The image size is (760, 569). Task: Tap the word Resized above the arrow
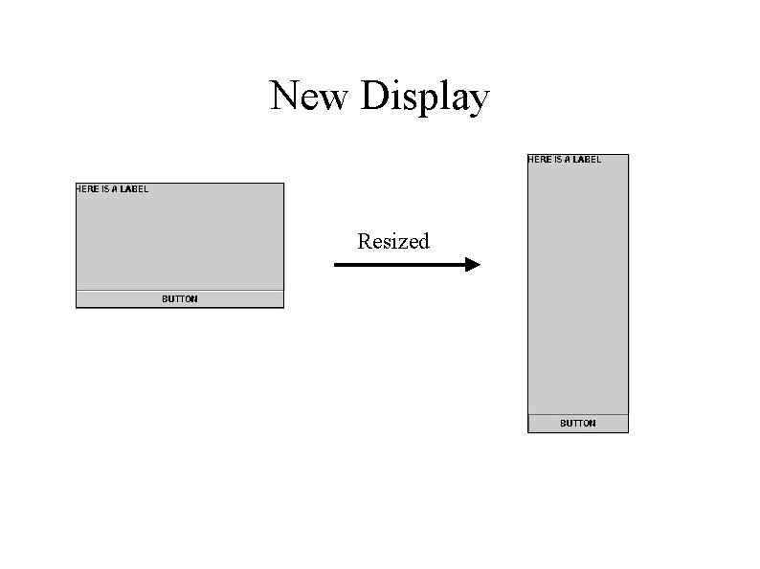click(392, 242)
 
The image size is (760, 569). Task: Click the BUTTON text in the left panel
click(180, 299)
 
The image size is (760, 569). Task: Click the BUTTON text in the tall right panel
click(577, 424)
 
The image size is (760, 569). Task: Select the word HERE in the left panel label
click(87, 189)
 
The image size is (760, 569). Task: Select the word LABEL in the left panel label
click(134, 189)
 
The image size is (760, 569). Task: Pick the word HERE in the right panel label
click(540, 160)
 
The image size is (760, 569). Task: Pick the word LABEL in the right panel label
click(587, 160)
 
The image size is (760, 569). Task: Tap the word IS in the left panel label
click(105, 189)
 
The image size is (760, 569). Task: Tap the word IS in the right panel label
click(558, 160)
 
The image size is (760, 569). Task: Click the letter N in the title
click(284, 97)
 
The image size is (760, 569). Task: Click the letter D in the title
click(374, 97)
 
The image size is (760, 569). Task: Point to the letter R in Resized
click(364, 242)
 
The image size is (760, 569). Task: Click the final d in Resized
click(424, 242)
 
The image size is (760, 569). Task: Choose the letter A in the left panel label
click(115, 189)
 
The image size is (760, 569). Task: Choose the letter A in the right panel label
click(568, 160)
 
